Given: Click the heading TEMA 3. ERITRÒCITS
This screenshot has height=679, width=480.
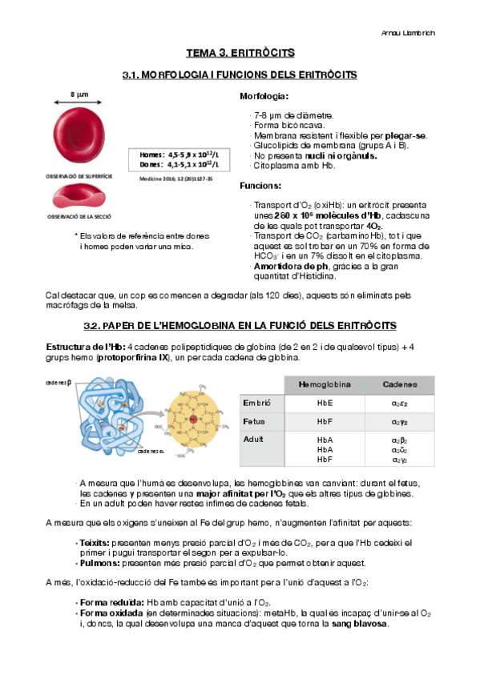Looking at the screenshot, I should pyautogui.click(x=240, y=53).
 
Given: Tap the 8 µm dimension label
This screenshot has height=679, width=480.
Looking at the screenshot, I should pyautogui.click(x=79, y=94).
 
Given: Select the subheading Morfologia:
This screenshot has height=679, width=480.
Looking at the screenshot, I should pyautogui.click(x=264, y=97).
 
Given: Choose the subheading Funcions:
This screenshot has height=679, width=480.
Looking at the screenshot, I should pyautogui.click(x=261, y=186).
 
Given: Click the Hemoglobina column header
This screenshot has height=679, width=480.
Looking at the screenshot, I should pyautogui.click(x=325, y=385).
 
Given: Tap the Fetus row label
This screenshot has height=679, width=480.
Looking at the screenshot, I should pyautogui.click(x=254, y=421).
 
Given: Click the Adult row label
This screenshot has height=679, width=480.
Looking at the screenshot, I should pyautogui.click(x=254, y=440).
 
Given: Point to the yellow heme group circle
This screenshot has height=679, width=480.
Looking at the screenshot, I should pyautogui.click(x=194, y=420).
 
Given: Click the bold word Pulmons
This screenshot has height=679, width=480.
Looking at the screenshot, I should pyautogui.click(x=95, y=564).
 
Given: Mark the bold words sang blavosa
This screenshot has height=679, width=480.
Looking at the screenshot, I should pyautogui.click(x=360, y=624).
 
